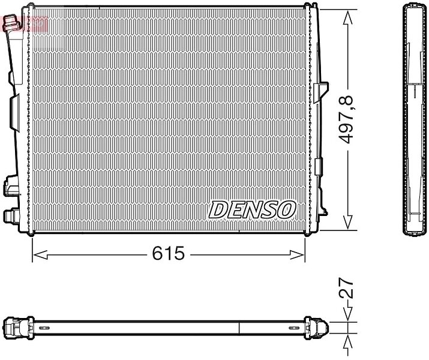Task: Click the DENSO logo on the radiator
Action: (x=252, y=210)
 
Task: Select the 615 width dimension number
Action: (x=168, y=253)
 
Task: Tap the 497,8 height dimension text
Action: (x=346, y=120)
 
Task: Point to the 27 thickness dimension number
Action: (x=346, y=288)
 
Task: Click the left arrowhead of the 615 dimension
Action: (x=40, y=255)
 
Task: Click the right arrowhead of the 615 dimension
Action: (x=298, y=255)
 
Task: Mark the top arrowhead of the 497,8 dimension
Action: (x=348, y=18)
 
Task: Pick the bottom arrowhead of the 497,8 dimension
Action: (x=348, y=222)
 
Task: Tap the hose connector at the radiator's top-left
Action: (x=11, y=23)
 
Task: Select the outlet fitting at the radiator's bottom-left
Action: (x=10, y=216)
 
